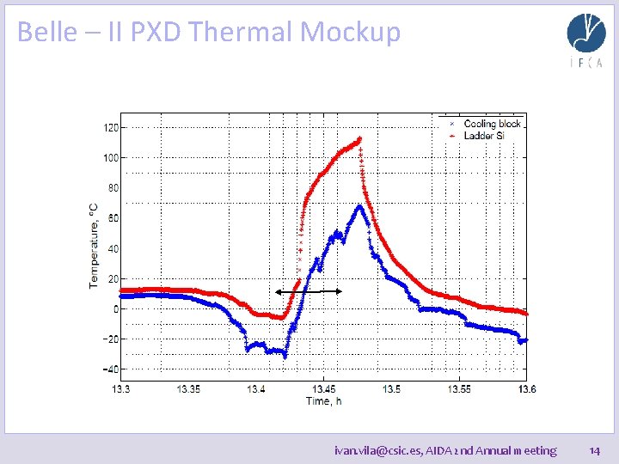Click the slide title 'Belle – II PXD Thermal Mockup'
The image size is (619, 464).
[209, 32]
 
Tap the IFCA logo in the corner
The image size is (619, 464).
[585, 40]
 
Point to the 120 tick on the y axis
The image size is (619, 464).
[111, 127]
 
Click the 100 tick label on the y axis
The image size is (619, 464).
[111, 157]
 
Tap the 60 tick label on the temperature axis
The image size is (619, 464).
[113, 218]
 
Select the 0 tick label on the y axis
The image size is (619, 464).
[115, 308]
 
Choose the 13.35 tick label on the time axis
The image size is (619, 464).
[188, 389]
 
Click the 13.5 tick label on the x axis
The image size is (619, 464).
[391, 389]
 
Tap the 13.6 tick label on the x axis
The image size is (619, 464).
[526, 389]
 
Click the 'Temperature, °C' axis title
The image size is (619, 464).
[94, 245]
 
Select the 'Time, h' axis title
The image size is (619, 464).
[324, 400]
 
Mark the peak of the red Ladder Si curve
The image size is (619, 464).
[359, 138]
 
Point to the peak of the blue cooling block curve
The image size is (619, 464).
[359, 206]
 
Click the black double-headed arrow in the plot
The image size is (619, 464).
[309, 292]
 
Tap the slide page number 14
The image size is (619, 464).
[594, 450]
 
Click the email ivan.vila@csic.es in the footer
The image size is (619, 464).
[377, 450]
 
